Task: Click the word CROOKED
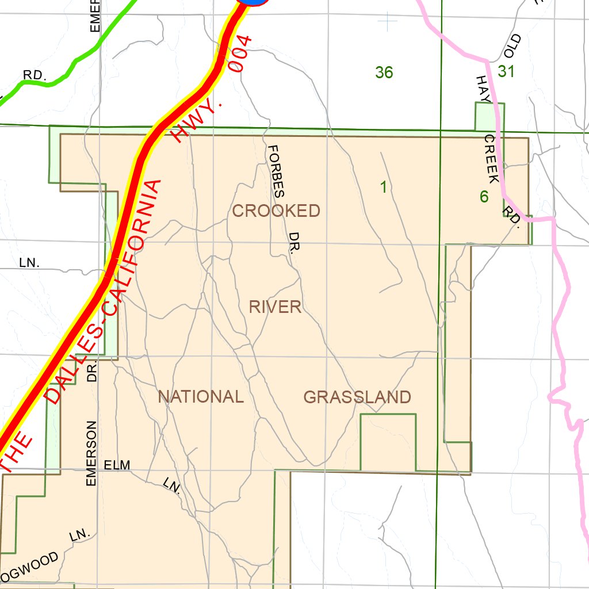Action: coord(276,211)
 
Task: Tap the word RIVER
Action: coord(276,307)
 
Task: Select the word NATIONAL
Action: coord(201,397)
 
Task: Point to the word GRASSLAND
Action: coord(357,397)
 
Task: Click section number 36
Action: coord(384,72)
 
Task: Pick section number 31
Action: coord(506,71)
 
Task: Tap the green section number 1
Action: coord(383,187)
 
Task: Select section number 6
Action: coord(484,197)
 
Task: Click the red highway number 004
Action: coord(240,55)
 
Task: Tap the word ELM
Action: coord(117,465)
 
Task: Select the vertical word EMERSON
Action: coord(91,453)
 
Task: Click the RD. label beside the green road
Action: coord(35,75)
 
